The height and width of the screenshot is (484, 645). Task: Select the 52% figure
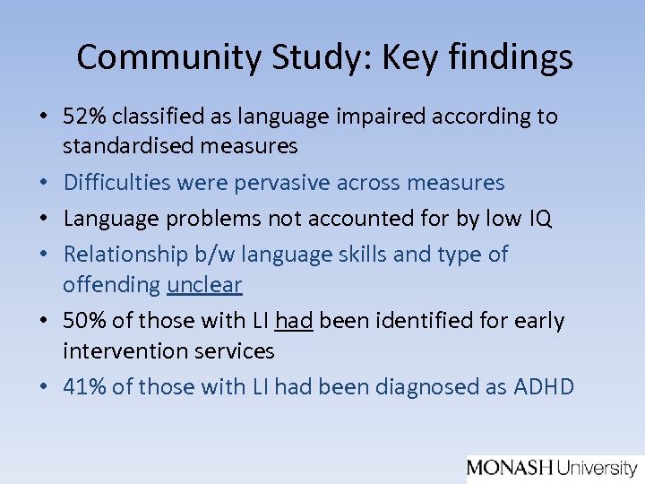tap(82, 117)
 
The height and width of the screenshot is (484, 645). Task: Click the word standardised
tap(125, 144)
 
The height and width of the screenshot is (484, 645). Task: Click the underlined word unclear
tap(204, 285)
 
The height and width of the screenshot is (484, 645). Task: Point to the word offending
tap(112, 285)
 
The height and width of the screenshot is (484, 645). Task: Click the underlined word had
tap(294, 321)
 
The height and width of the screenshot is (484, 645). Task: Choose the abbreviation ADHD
tap(544, 386)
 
